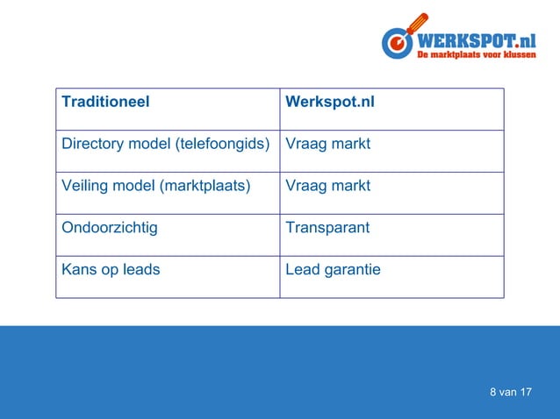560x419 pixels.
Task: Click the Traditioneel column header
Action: click(x=105, y=102)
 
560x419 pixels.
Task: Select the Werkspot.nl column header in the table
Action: click(x=330, y=102)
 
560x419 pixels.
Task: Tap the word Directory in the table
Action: click(x=91, y=144)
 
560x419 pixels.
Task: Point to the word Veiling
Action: click(x=85, y=186)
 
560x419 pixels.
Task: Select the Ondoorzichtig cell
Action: click(x=110, y=228)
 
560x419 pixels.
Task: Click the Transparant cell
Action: click(x=327, y=228)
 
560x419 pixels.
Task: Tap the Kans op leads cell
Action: click(x=111, y=270)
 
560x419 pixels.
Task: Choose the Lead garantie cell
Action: click(x=333, y=270)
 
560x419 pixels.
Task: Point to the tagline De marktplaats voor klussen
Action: click(x=476, y=56)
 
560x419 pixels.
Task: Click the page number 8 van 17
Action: click(x=511, y=392)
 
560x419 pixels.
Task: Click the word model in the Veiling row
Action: click(x=133, y=186)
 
